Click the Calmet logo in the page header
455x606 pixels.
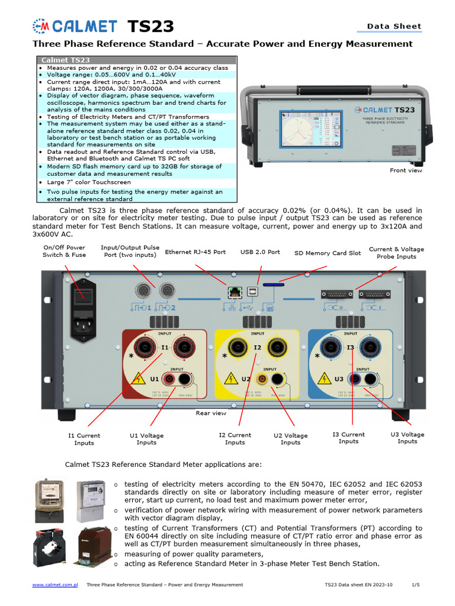coord(74,26)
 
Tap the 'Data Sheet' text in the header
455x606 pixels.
coord(394,26)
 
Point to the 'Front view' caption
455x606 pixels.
coord(406,170)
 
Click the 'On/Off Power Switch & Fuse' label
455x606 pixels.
coord(64,251)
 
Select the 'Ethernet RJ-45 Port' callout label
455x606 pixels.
coord(195,252)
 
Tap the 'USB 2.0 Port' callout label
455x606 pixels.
coord(260,252)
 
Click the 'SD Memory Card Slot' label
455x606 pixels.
coord(328,253)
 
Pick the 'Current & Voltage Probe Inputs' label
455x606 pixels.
coord(396,253)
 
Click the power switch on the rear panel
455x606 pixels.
coord(82,296)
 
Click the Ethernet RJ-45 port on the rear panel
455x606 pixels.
coord(232,292)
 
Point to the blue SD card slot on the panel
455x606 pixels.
coord(273,285)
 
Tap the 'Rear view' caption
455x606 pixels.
coord(211,413)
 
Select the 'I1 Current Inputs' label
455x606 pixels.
coord(84,439)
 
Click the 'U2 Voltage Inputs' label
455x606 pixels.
coord(290,439)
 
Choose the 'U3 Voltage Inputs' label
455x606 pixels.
coord(408,438)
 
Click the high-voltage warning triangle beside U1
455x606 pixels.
coord(138,378)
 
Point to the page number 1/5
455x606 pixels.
coord(415,585)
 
